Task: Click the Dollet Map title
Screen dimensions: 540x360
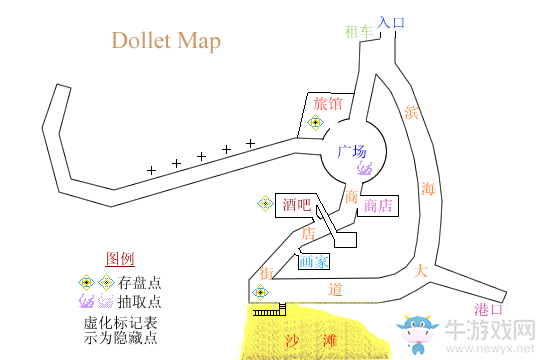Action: point(166,41)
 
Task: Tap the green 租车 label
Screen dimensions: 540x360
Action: point(357,31)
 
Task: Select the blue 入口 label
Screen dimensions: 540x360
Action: point(391,20)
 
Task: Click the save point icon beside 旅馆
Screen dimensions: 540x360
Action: point(315,123)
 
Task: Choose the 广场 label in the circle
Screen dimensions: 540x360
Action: point(351,152)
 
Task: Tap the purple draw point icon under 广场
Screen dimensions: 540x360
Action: point(362,167)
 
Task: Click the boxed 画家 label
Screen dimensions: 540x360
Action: point(313,262)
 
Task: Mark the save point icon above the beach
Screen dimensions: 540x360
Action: point(260,292)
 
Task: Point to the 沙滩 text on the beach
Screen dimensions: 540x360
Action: point(312,340)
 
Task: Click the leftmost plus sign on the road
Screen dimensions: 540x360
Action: point(152,171)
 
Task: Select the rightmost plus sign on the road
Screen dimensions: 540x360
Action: point(250,143)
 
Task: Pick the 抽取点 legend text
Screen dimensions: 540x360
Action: point(139,301)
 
